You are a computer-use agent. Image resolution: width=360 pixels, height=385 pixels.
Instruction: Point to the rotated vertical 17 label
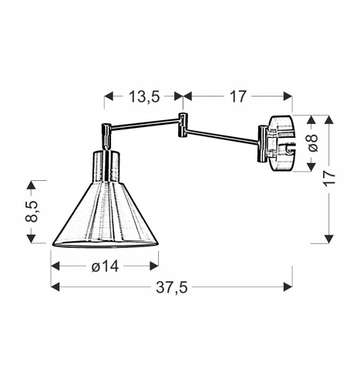(331, 179)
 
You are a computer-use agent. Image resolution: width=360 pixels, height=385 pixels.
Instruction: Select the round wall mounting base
(280, 144)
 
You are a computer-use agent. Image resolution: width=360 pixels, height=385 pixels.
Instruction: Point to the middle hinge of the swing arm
(183, 126)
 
